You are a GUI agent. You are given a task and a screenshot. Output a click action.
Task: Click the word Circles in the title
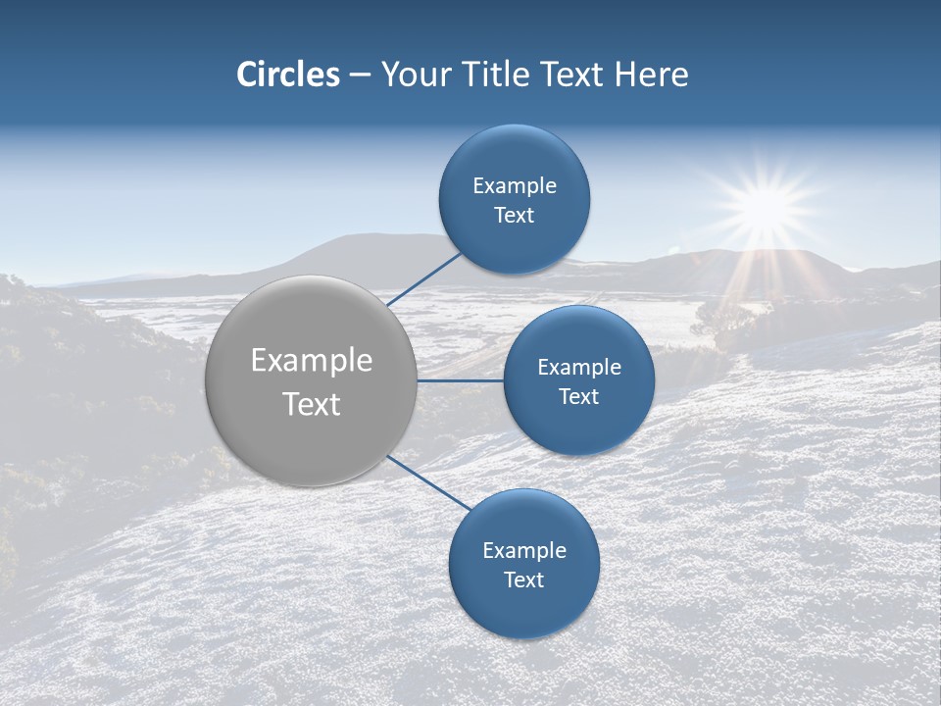point(288,75)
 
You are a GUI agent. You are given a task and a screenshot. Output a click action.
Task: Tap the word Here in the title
point(650,75)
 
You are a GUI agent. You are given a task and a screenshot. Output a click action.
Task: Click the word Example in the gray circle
point(312,361)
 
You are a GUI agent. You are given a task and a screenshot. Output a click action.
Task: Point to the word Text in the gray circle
point(312,404)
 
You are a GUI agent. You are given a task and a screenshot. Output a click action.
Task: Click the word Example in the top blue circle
point(515,186)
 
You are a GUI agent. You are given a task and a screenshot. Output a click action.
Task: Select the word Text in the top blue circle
point(514,216)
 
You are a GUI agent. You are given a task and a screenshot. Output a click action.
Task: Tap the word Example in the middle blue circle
point(579,368)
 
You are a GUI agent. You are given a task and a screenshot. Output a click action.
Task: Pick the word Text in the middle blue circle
point(578,397)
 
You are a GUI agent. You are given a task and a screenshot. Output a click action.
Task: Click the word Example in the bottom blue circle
point(524,551)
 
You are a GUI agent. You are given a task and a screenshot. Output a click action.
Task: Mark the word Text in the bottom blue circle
point(523,580)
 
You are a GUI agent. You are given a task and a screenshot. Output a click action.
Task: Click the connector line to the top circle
point(424,278)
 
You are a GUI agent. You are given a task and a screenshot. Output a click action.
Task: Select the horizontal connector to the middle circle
point(460,380)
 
